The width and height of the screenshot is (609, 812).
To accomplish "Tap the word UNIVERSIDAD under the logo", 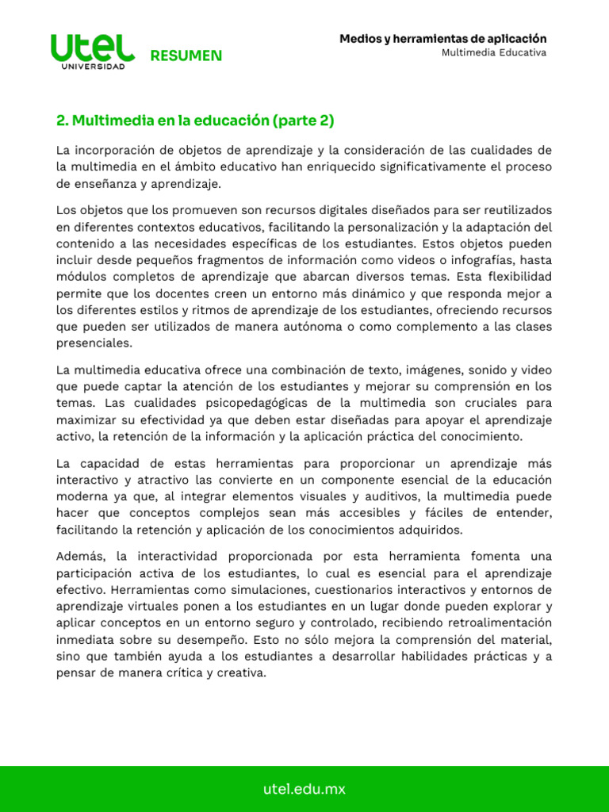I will point(93,67).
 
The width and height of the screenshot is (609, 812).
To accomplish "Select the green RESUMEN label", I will point(186,56).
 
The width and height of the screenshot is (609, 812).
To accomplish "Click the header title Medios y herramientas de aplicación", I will point(442,38).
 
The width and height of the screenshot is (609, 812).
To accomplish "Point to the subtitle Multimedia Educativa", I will point(494,52).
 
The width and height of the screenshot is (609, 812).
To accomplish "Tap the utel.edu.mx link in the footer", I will point(304,789).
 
